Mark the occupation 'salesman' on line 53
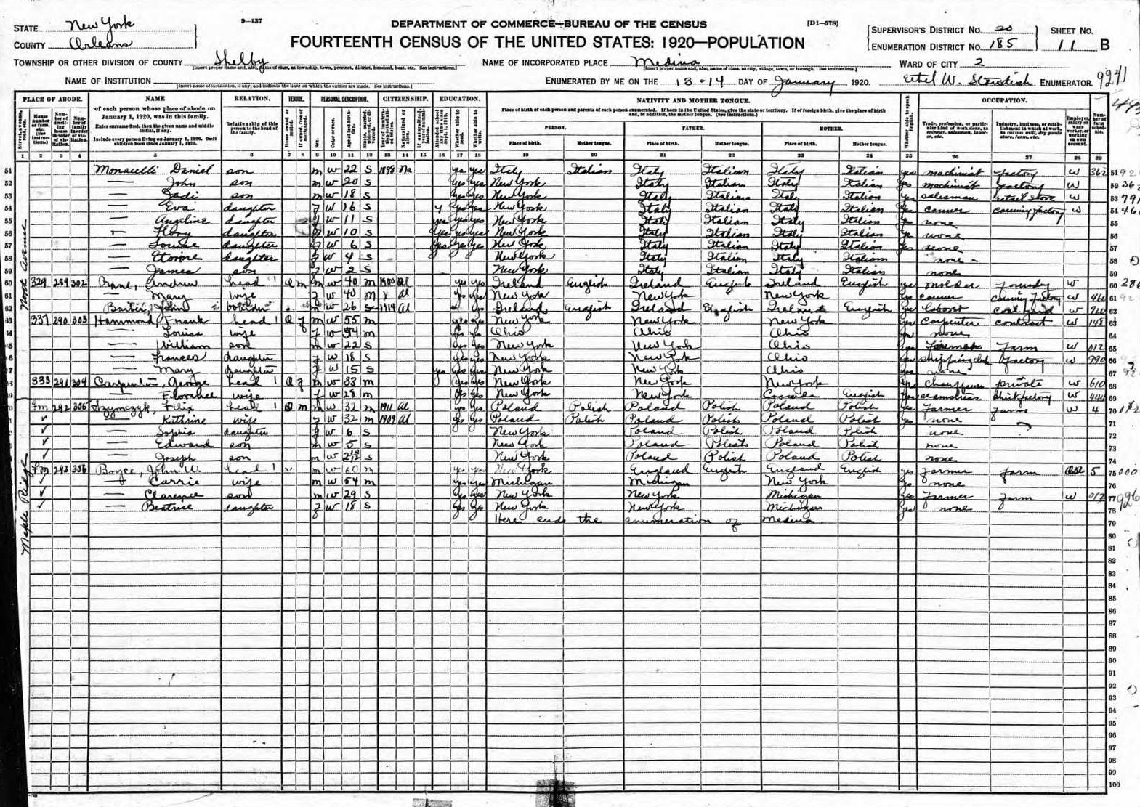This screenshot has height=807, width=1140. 945,196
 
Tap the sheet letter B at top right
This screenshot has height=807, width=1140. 1105,45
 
